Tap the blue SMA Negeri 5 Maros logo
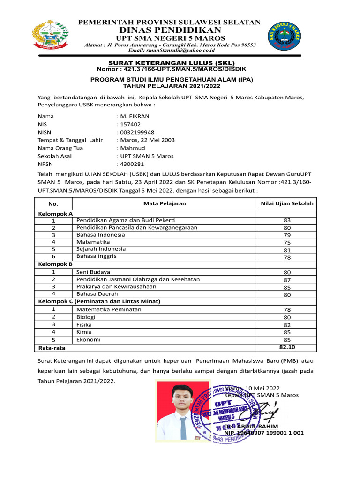[286, 36]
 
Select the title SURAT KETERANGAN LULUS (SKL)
[172, 63]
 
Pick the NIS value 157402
[130, 124]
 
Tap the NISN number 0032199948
[137, 132]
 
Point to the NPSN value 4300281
[132, 164]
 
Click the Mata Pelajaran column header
[165, 203]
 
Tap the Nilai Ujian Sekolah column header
[287, 203]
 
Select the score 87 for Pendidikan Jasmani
[287, 280]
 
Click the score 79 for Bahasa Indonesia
[287, 235]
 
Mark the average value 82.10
[287, 347]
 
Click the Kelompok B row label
[55, 264]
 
